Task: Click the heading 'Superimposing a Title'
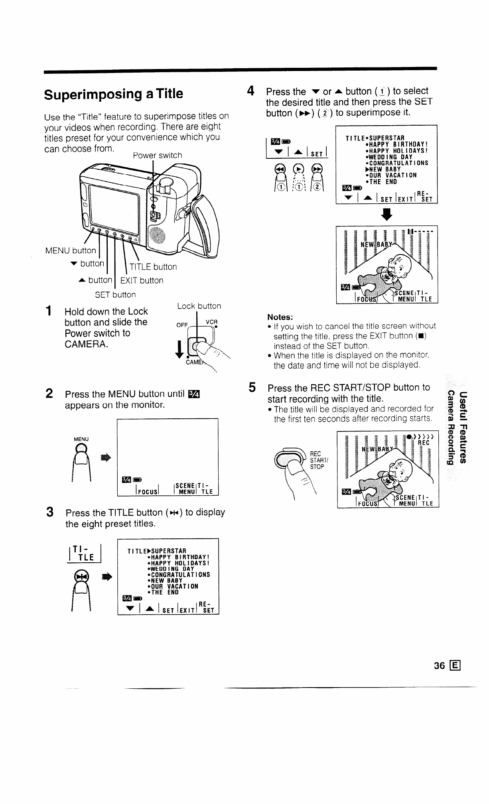tap(114, 94)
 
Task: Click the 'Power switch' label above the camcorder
tap(157, 155)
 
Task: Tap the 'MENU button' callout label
tap(71, 250)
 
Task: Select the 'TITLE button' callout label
tap(153, 267)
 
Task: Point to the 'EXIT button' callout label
tap(142, 280)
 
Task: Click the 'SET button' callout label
tap(115, 295)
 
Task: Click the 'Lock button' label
tap(199, 306)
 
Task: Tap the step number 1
tap(48, 311)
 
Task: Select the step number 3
tap(50, 512)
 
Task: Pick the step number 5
tap(252, 387)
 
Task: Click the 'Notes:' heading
tap(280, 317)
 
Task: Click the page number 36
tap(439, 666)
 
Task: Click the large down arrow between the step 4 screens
tap(387, 215)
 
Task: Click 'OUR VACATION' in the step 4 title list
tap(391, 175)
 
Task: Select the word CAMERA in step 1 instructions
tap(86, 344)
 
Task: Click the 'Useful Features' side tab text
tap(463, 428)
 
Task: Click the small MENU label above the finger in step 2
tap(81, 439)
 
